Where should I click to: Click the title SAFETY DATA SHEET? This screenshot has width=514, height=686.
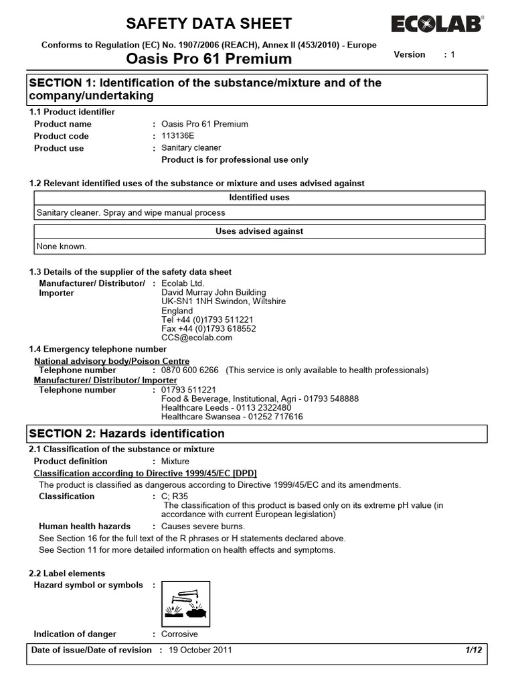209,24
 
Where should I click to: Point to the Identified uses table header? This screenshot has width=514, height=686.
259,198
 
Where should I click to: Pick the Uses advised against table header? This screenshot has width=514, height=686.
259,231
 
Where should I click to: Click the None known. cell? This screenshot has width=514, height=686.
62,246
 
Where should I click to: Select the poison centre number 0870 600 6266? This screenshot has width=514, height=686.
190,370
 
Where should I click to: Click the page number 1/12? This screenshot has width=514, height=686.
473,650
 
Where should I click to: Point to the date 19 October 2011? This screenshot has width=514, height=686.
201,650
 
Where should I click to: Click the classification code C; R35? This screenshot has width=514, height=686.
176,496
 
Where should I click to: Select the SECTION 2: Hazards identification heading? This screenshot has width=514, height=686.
127,433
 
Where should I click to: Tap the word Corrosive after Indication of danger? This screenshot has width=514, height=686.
179,634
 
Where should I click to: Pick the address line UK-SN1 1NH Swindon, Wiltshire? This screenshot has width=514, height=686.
224,301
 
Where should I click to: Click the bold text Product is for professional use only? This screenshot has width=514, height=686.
235,160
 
